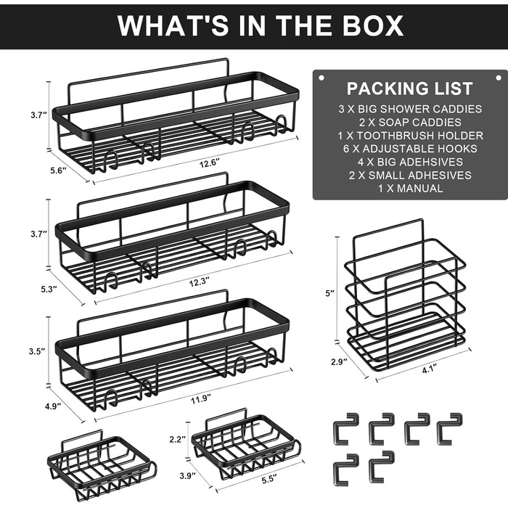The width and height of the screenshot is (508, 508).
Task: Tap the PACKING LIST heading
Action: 410,89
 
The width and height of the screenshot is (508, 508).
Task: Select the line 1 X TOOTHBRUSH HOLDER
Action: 411,136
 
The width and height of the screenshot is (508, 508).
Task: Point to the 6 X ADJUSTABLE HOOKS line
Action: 410,149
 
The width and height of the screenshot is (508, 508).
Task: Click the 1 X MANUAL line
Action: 410,188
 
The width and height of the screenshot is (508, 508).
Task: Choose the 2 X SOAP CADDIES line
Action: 410,122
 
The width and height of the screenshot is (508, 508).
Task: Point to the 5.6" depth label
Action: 58,170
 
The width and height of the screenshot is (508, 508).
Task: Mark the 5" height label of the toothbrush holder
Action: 329,293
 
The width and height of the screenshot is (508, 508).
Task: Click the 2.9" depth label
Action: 339,361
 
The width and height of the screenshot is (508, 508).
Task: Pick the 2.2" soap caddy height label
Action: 178,439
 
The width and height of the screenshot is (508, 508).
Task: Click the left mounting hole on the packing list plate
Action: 321,78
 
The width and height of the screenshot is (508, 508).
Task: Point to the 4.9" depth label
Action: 53,406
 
